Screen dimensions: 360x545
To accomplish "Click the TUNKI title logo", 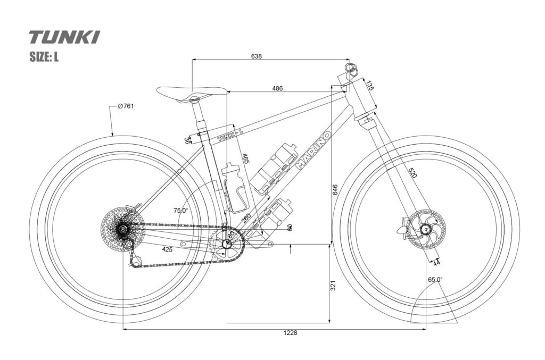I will pos(64,37).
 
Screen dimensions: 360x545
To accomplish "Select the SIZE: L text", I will pos(44,57).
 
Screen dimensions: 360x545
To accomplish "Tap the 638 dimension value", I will pos(256,55).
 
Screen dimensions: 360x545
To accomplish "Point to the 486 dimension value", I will pos(277,88).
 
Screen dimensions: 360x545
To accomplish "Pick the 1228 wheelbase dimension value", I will pos(290,333).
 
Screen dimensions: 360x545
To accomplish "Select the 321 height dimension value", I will pos(334,286).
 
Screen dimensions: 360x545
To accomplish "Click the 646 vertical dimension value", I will pos(334,189).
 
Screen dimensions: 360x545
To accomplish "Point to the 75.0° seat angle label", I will pos(180,211).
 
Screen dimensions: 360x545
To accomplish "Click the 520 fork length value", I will pos(412,172).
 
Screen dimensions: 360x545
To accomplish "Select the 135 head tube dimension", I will pos(369,86).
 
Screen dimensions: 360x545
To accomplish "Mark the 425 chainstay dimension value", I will pos(167,249).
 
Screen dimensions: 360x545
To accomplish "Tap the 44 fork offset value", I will pos(436,263).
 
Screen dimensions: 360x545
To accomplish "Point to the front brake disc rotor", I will pos(426,229).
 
